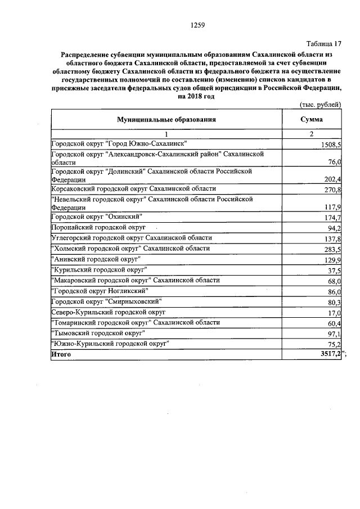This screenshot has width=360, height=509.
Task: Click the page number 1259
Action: coord(197,24)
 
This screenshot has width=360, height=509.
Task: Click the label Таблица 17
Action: coord(323,43)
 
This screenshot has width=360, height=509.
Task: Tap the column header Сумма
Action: coord(311,120)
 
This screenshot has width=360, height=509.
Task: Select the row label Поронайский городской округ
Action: coord(98,228)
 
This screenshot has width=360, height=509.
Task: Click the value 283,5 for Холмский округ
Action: coord(333,249)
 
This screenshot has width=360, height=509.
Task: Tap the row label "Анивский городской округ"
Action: coord(96,259)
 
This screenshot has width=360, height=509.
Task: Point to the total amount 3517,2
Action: coord(331,354)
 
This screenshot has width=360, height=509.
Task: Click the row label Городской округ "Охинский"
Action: coord(96,217)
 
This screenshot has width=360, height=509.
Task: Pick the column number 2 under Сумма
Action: coord(311,134)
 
